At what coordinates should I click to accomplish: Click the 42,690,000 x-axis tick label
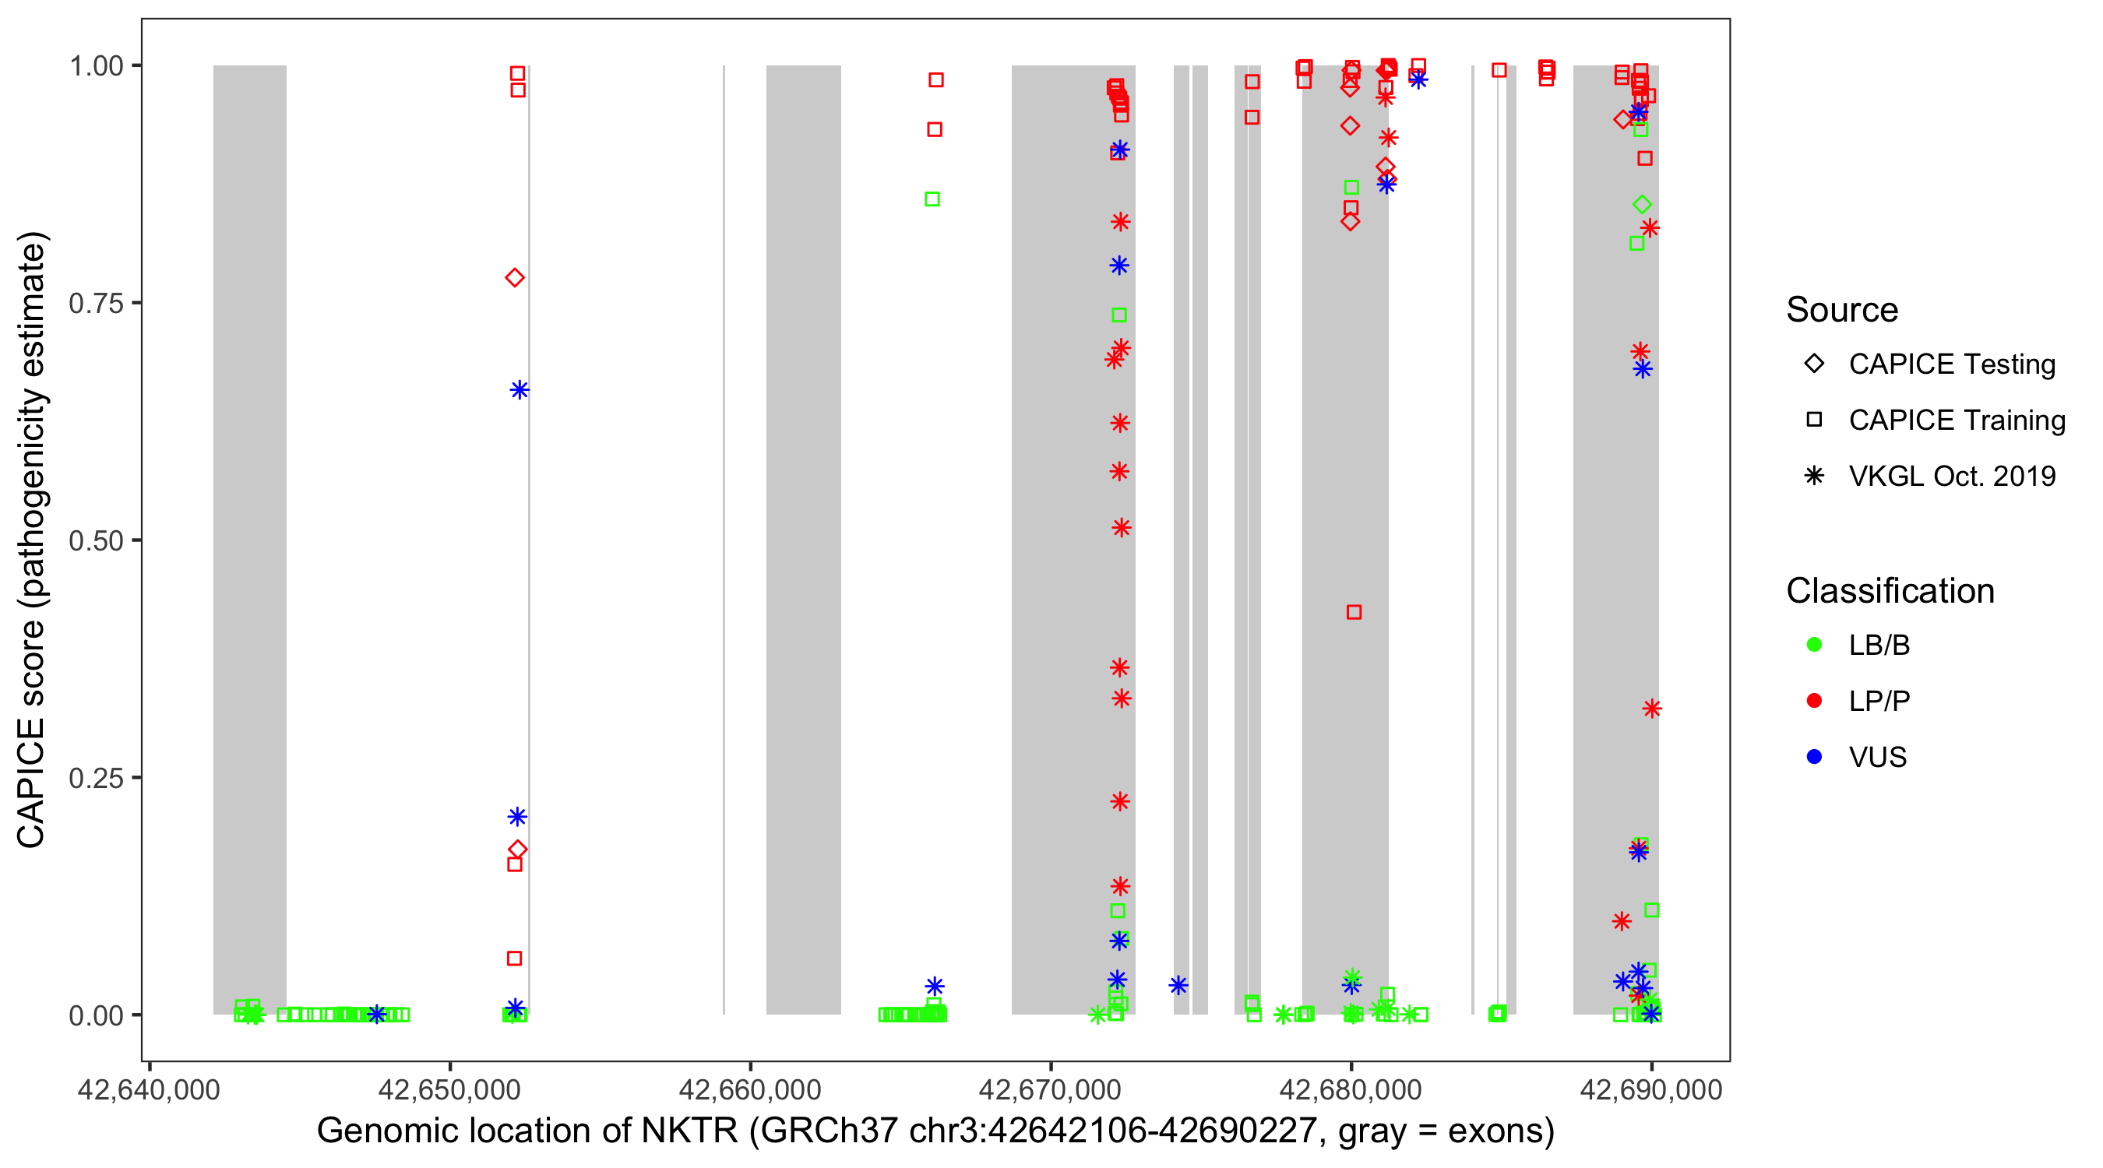tap(1650, 1089)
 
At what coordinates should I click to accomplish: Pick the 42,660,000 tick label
tap(749, 1089)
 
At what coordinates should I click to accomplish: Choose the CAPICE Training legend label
tap(1956, 420)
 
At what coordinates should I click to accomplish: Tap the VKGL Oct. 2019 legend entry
tap(1951, 477)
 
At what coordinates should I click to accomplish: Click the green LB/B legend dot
tap(1814, 645)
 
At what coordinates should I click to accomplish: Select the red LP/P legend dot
tap(1814, 701)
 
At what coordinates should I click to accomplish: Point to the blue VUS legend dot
tap(1814, 758)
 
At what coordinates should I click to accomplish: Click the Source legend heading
tap(1842, 310)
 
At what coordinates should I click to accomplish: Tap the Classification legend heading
tap(1889, 591)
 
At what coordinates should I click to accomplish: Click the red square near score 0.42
tap(1354, 612)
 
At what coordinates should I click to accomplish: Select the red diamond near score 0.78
tap(514, 278)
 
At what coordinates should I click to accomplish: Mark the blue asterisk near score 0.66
tap(520, 390)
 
